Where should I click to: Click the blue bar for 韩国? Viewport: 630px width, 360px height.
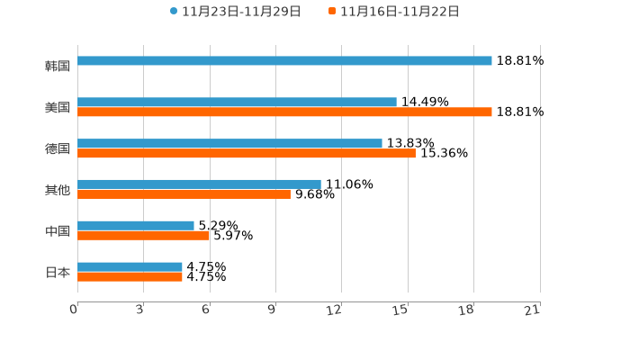pos(284,61)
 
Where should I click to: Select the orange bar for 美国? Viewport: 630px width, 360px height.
pos(284,112)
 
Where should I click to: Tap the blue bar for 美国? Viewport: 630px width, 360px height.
pos(237,103)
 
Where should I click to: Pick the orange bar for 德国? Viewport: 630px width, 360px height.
pos(247,154)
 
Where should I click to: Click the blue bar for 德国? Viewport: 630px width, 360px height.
pos(229,144)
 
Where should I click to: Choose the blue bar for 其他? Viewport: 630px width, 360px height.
pos(199,184)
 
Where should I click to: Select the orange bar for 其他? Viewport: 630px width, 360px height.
pos(184,194)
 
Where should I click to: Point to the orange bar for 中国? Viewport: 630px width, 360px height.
pos(143,236)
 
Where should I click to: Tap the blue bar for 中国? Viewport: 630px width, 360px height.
pos(136,226)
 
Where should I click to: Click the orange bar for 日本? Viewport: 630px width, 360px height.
pos(130,277)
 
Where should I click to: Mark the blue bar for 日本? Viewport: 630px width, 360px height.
pos(130,267)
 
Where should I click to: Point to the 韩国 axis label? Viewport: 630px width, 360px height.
pos(58,67)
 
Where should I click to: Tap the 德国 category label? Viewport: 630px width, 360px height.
pos(58,149)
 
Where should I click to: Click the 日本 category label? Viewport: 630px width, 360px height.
pos(58,273)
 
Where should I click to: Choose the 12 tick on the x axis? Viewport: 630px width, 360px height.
pos(334,310)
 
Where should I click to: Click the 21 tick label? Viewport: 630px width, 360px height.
pos(532,310)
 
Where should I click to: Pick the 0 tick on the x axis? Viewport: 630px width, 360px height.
pos(74,310)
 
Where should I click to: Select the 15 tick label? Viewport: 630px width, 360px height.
pos(400,310)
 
